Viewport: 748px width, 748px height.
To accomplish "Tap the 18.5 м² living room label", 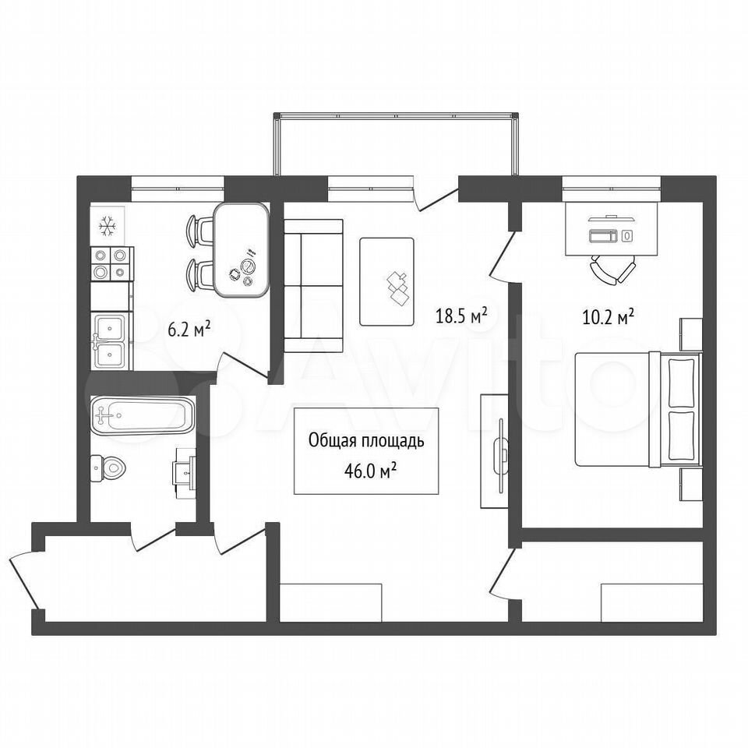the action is tap(461, 316).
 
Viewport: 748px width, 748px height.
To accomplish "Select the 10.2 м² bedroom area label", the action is tap(608, 316).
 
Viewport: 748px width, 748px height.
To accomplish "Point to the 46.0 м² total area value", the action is tap(371, 471).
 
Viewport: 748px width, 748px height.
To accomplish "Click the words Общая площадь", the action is tap(366, 441).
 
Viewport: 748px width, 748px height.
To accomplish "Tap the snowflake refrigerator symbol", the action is tap(108, 226).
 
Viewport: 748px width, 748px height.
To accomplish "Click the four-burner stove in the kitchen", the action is tap(111, 264).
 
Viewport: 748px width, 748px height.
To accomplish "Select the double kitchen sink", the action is tap(110, 341).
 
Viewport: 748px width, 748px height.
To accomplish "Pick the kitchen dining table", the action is tap(242, 250).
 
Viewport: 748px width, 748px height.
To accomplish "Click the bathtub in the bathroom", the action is tap(143, 415).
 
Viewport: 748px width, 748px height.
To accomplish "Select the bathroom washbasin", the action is tap(185, 473).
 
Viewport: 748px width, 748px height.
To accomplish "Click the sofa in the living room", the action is tap(313, 286).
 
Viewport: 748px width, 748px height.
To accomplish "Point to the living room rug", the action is tap(387, 282).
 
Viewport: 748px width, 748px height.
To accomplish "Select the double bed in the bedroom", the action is tap(638, 409).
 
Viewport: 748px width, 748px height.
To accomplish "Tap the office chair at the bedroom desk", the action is tap(613, 272).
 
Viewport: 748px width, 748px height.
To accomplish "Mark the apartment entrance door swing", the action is tap(23, 580).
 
